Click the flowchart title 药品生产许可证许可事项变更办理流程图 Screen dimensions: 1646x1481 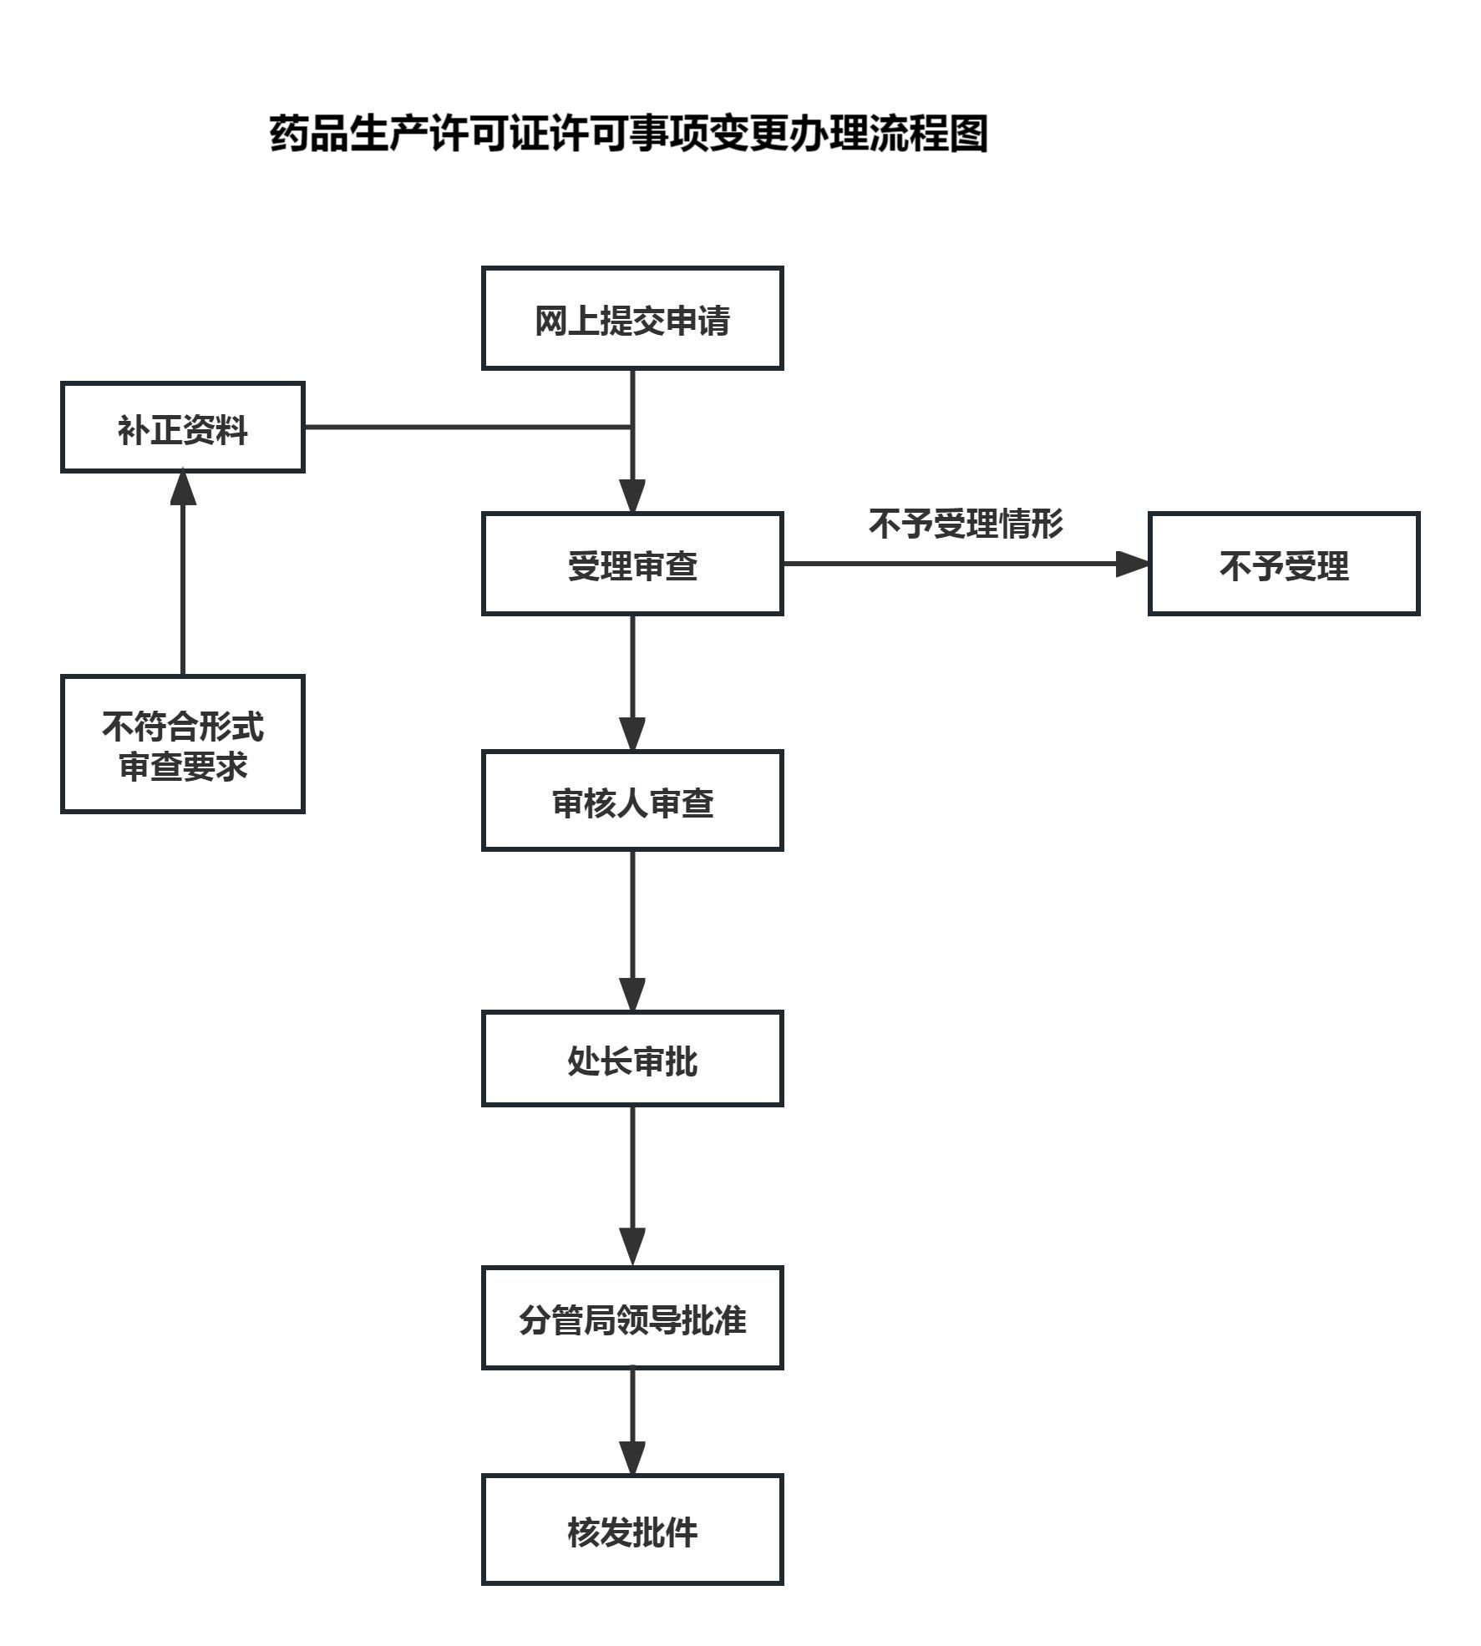[628, 134]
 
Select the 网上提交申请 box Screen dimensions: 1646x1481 [632, 319]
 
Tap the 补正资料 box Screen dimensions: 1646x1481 [183, 428]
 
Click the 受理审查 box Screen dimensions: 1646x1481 [632, 565]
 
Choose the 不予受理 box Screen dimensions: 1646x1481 [1283, 565]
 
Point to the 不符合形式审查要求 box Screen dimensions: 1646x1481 [183, 744]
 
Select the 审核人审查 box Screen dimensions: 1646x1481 [632, 801]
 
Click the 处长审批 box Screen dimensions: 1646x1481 [632, 1059]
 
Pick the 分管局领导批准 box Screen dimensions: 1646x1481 [632, 1318]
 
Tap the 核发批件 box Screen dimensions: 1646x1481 [632, 1530]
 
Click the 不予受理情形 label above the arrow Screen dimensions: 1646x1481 [966, 524]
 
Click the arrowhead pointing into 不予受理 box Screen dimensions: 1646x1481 [1133, 565]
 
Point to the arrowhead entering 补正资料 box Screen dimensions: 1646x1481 [183, 489]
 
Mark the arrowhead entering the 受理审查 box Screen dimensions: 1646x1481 [632, 496]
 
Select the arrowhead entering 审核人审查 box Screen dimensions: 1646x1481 [632, 733]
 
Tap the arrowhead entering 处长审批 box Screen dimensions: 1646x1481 [632, 994]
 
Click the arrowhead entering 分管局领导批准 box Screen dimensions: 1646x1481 [632, 1249]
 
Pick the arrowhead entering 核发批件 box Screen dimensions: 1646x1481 [632, 1458]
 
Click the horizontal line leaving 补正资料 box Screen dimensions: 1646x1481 [468, 427]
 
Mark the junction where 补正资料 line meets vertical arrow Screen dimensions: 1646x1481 [632, 427]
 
